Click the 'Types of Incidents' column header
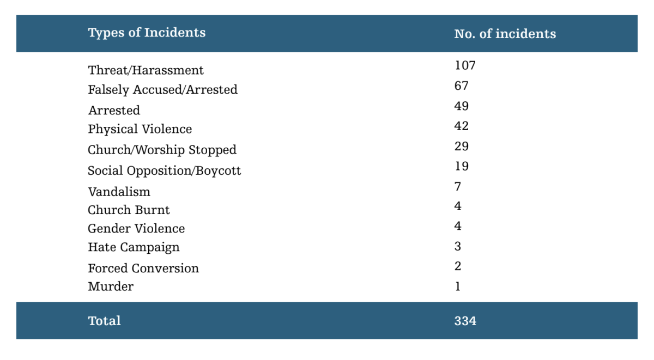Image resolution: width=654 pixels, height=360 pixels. pos(147,33)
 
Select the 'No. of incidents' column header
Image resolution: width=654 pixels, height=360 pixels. pos(505,34)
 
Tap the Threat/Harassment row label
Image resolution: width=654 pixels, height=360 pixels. pos(146,70)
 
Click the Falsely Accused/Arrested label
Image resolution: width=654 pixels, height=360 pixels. pos(162,90)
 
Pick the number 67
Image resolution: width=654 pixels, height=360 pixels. pos(461,86)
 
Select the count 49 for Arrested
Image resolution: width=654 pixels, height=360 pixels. pos(461,106)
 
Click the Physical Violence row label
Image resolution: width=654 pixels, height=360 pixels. pos(140,130)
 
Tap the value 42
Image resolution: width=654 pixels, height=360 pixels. pos(461,126)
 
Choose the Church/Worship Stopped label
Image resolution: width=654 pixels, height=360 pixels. pos(162,150)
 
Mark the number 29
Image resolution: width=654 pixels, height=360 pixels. pos(461,146)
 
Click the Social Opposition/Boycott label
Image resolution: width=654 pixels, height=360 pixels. pos(164,170)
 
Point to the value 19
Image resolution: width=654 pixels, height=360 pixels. pos(461,166)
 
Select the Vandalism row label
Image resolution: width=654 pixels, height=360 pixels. pos(119,192)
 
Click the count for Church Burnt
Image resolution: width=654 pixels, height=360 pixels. pos(458,206)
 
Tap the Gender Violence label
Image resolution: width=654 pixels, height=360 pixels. pos(136,228)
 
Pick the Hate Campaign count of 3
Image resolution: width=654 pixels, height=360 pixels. pos(458,246)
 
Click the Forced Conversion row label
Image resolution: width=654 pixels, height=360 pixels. pos(143,269)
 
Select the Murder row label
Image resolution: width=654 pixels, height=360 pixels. pos(110,286)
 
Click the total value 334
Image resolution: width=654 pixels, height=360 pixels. pos(465,321)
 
